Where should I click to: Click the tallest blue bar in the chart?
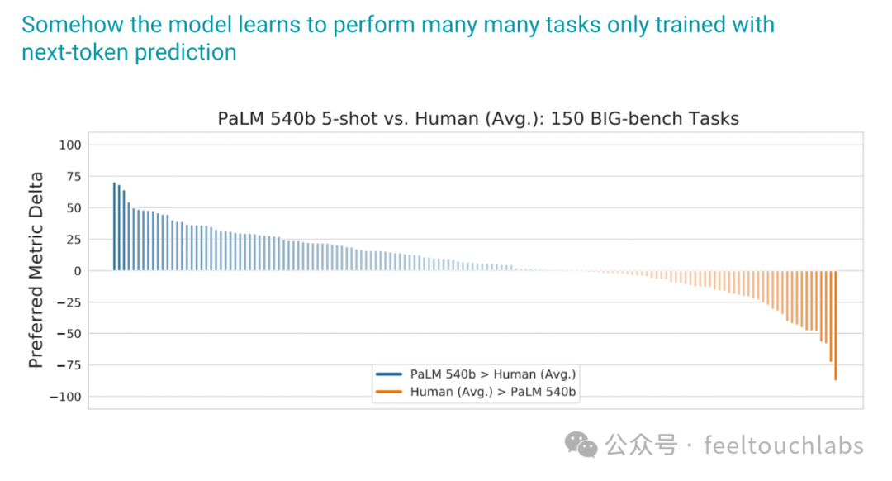(114, 226)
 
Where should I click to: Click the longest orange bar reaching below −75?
(836, 326)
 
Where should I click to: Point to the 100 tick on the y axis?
(70, 145)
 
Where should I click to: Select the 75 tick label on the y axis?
(74, 177)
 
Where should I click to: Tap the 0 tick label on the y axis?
(78, 271)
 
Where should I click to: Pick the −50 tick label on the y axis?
(69, 334)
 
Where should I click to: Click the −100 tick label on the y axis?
(65, 397)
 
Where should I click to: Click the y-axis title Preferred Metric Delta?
(36, 269)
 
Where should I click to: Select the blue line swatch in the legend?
(389, 374)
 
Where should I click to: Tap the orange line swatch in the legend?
(389, 392)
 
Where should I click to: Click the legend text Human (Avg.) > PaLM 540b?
(492, 392)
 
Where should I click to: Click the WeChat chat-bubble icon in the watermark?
(581, 445)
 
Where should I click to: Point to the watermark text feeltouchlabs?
(784, 445)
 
